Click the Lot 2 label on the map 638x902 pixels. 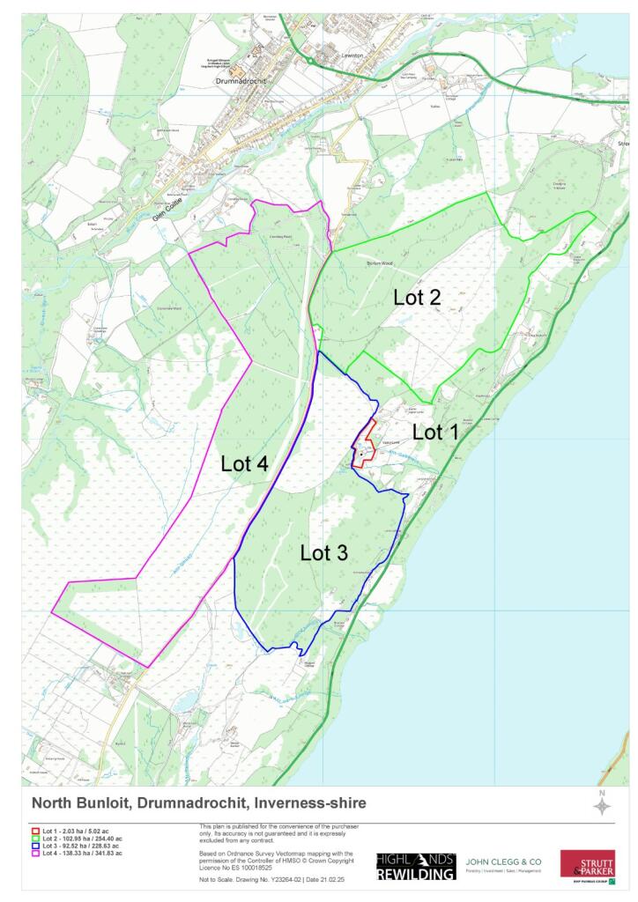[x=417, y=298]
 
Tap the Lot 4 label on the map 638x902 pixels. [x=244, y=464]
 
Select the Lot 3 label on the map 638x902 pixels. [x=323, y=553]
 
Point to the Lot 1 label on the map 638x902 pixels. [x=435, y=433]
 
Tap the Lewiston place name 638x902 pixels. [x=352, y=54]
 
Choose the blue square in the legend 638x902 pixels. [x=35, y=846]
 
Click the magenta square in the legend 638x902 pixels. [x=35, y=853]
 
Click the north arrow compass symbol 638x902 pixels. [x=602, y=805]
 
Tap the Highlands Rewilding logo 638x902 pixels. [x=416, y=867]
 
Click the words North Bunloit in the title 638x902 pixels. [x=79, y=803]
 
